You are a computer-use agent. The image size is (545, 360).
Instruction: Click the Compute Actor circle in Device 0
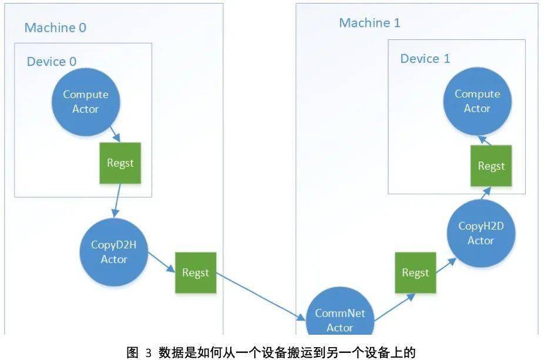point(86,101)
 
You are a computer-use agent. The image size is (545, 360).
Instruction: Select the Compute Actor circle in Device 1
point(477,101)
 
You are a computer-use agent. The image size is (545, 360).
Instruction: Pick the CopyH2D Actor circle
point(480,233)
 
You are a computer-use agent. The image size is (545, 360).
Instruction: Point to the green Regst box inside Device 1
point(491,166)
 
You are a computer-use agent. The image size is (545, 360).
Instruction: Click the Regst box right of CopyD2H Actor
point(196,273)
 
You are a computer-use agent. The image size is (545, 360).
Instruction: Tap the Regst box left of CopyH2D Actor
point(415,272)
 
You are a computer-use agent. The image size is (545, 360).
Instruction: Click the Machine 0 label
point(56,28)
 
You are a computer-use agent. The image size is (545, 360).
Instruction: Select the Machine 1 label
point(370,23)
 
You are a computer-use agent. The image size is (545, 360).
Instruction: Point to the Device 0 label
point(52,61)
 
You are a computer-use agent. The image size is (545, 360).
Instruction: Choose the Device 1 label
point(425,59)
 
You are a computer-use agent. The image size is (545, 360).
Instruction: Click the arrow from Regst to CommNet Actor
point(261,297)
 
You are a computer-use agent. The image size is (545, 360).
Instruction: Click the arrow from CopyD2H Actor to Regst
point(162,263)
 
